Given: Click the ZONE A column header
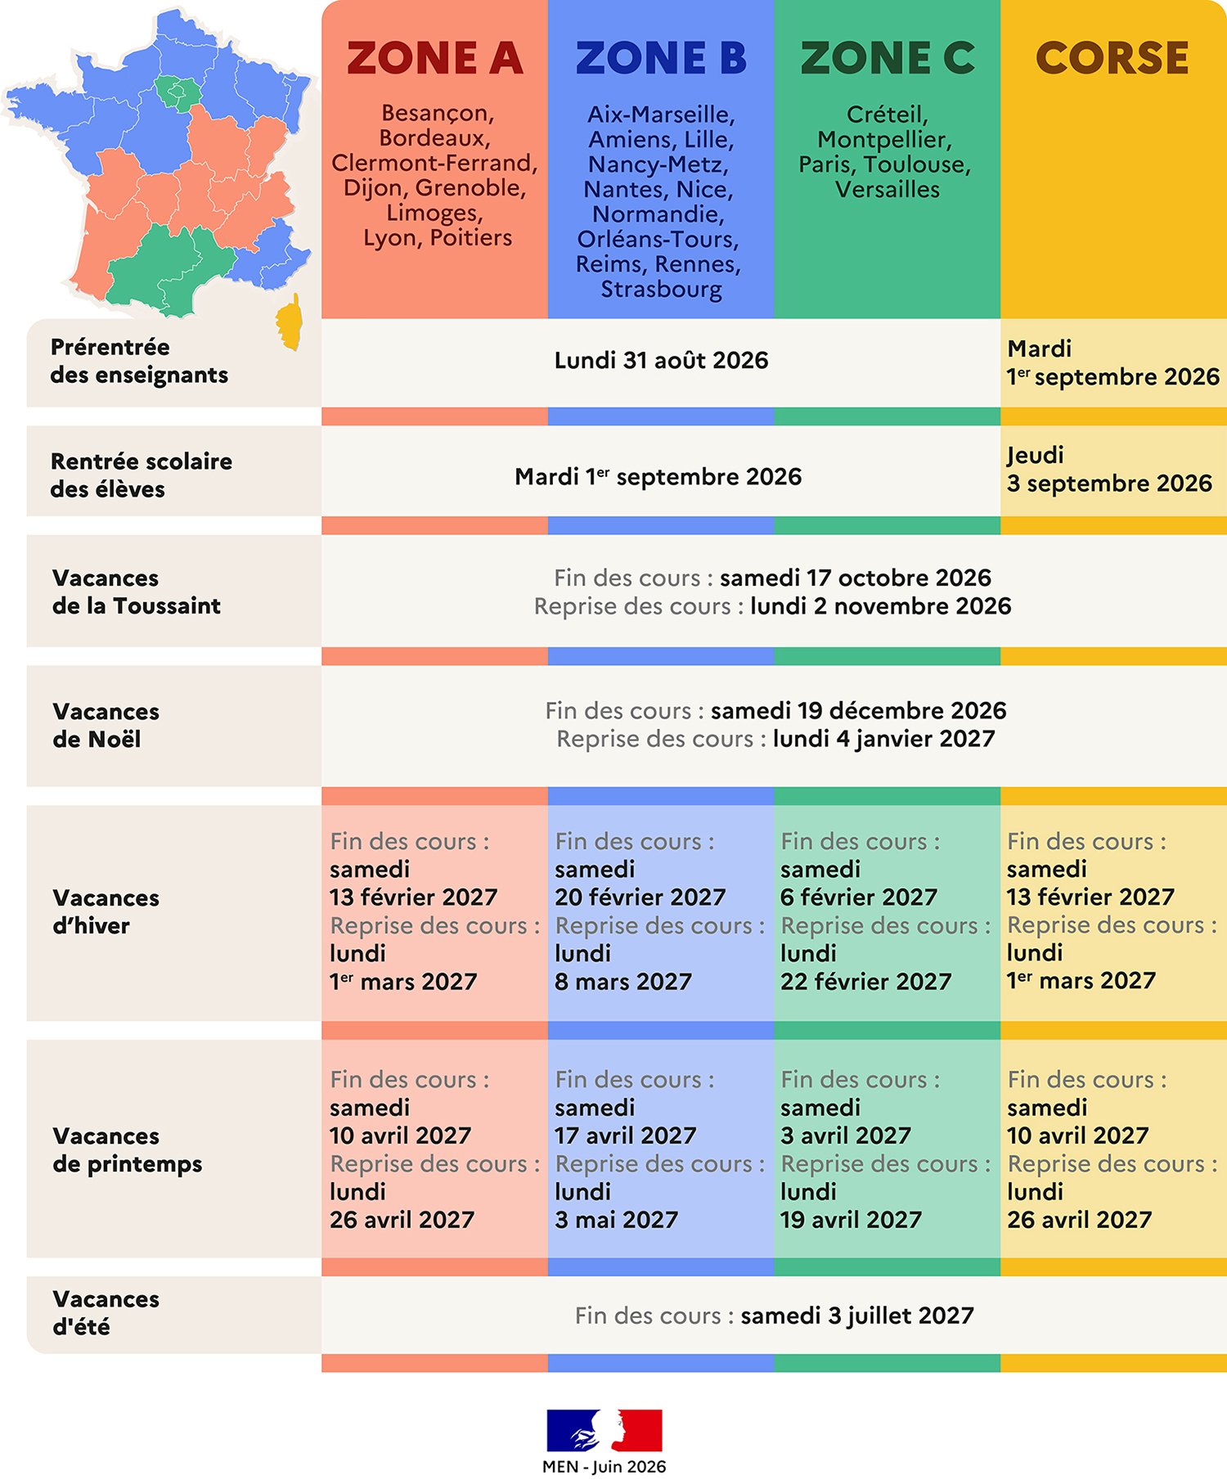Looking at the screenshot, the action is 434,58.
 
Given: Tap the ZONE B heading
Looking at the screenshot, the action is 661,58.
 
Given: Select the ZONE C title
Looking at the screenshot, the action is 888,58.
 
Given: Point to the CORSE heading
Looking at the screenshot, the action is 1112,58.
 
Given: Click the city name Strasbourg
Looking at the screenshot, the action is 661,290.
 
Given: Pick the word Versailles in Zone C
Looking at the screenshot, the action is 888,189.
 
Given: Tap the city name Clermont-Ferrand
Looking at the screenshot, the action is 434,163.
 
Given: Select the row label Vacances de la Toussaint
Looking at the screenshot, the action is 137,592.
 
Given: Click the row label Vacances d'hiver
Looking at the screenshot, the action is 106,911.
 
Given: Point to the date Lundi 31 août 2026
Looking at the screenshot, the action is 661,361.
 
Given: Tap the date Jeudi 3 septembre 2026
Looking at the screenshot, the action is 1109,470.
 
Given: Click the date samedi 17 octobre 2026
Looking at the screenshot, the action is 855,578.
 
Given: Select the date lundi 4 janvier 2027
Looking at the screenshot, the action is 883,739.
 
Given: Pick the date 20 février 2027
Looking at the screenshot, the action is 640,897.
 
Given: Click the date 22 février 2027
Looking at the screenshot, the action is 865,982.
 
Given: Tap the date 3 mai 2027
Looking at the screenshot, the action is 616,1220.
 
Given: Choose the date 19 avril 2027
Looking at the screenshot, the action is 851,1220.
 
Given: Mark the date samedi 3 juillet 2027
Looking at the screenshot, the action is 857,1316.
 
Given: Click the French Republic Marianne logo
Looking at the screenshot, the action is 605,1430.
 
